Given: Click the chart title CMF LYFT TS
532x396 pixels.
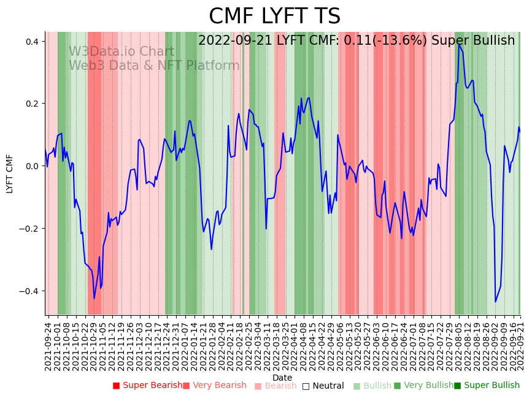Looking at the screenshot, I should (274, 17).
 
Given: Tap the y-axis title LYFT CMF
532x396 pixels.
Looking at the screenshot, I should (10, 174).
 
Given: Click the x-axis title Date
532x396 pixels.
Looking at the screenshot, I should (282, 378).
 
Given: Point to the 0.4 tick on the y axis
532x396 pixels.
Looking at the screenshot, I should (32, 41).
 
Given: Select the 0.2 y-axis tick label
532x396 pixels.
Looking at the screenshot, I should (32, 104).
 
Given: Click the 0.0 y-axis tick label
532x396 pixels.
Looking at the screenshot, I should (32, 166).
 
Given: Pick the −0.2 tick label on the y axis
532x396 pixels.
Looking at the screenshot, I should (29, 229).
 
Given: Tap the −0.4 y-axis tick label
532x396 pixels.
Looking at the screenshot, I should (29, 291).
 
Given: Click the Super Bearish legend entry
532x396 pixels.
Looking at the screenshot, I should (147, 386).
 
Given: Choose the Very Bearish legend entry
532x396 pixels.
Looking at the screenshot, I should (214, 386).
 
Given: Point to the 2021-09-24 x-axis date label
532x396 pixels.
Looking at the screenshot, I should (48, 343).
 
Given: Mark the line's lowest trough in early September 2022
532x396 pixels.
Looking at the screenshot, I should (495, 302).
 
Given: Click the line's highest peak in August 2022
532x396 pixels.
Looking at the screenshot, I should (458, 44).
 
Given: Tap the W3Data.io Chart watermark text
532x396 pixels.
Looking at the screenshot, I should (121, 51).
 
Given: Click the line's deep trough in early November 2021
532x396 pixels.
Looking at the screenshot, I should (94, 299).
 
